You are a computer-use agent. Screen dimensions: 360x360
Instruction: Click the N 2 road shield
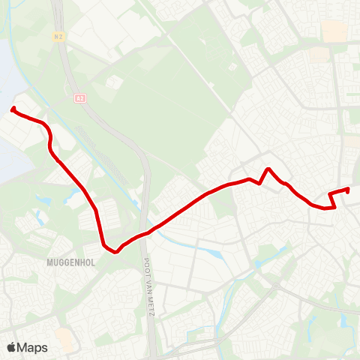click(x=59, y=35)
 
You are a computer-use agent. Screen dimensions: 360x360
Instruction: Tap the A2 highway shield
click(x=79, y=97)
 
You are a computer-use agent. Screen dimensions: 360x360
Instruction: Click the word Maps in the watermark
click(x=32, y=347)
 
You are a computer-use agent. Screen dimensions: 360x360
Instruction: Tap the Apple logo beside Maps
click(x=11, y=347)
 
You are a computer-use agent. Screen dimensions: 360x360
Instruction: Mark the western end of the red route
click(x=13, y=110)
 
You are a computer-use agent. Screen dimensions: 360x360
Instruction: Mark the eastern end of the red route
click(x=349, y=189)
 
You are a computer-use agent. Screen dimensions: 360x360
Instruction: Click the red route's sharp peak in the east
click(x=268, y=169)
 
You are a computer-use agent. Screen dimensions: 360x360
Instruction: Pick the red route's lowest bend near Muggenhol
click(x=115, y=252)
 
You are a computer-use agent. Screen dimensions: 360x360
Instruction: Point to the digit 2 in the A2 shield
click(x=82, y=97)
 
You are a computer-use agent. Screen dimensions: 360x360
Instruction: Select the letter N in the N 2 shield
click(x=57, y=35)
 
